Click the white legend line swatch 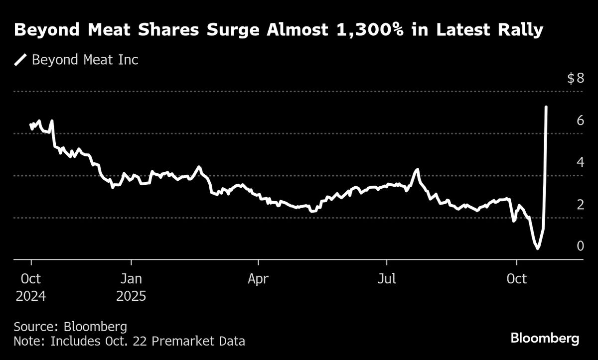coord(20,60)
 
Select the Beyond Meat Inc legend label coord(85,60)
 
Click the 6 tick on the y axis coord(580,120)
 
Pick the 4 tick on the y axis coord(580,162)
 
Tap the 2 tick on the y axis coord(580,205)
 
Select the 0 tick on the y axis coord(580,246)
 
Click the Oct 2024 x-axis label coord(31,287)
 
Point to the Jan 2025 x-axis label coord(131,287)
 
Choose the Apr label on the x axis coord(258,279)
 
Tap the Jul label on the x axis coord(386,279)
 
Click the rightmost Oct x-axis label coord(517,279)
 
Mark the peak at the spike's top coord(547,107)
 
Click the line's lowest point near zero coord(537,248)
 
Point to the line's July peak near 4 coord(417,170)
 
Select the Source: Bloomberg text coord(70,327)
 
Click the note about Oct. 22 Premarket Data coord(129,342)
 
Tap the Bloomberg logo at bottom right coord(545,339)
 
